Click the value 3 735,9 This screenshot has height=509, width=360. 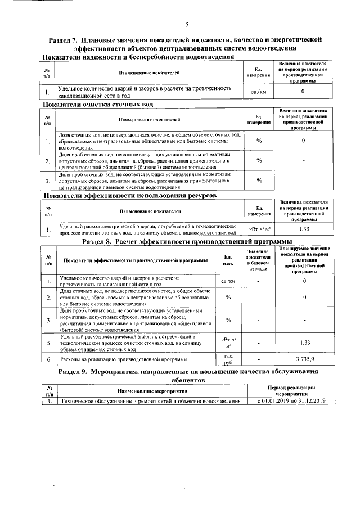pos(304,358)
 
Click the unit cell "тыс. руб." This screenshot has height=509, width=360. pos(228,358)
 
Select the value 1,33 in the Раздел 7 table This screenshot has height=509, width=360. pos(304,229)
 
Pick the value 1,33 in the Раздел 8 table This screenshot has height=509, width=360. pos(304,342)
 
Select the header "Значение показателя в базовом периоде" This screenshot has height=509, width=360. pos(258,260)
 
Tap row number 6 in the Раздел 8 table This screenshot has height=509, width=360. pos(49,359)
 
